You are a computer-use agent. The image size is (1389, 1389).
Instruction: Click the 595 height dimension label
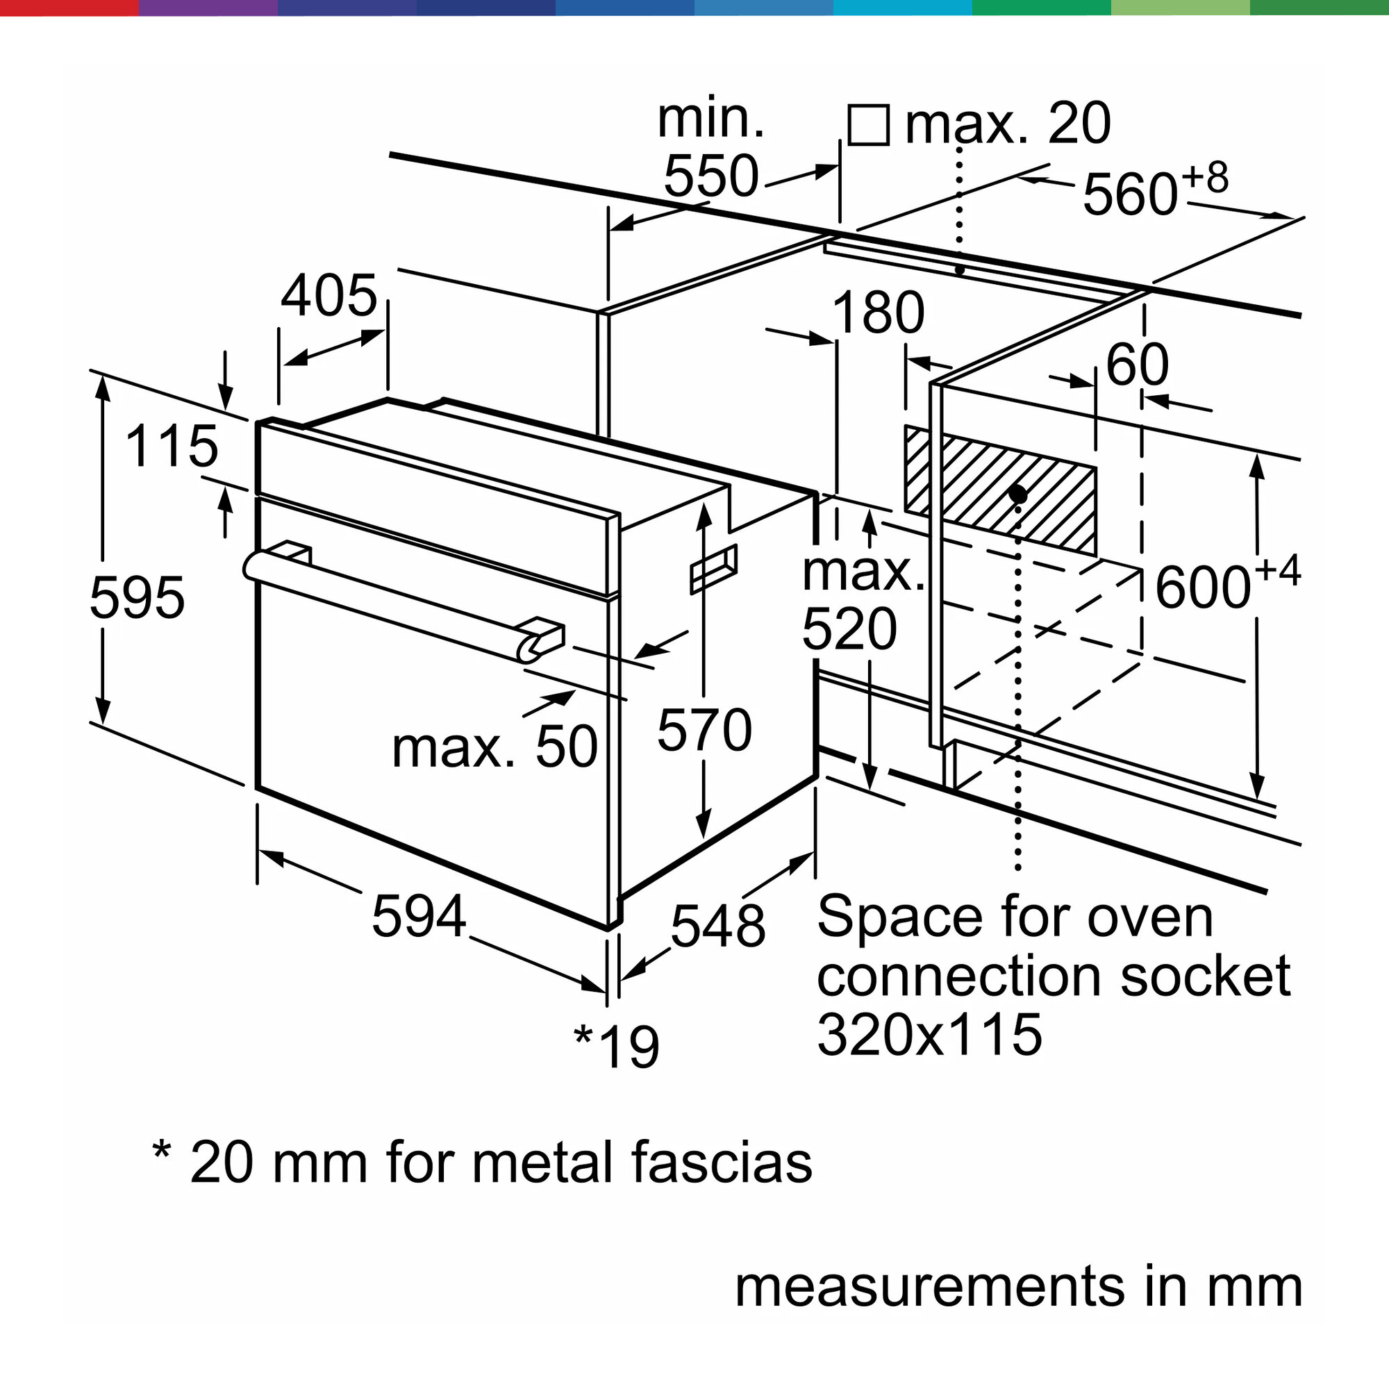[137, 597]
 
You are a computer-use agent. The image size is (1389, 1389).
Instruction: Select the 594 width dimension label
[418, 916]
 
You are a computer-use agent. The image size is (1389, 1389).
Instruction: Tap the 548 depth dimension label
[717, 926]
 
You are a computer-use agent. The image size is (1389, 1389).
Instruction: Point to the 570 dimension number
[704, 731]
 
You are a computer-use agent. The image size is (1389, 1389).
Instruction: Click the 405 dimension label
[328, 295]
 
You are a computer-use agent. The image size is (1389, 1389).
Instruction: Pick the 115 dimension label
[171, 446]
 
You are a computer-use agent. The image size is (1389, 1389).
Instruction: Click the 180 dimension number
[877, 313]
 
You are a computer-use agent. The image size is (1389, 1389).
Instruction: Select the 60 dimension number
[1137, 365]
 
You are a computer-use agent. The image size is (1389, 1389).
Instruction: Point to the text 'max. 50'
[494, 748]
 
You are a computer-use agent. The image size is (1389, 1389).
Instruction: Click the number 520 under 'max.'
[849, 629]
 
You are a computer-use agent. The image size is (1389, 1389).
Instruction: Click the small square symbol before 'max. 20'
[869, 125]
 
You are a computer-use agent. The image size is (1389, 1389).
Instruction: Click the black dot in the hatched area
[1017, 493]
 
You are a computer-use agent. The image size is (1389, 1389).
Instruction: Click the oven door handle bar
[388, 597]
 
